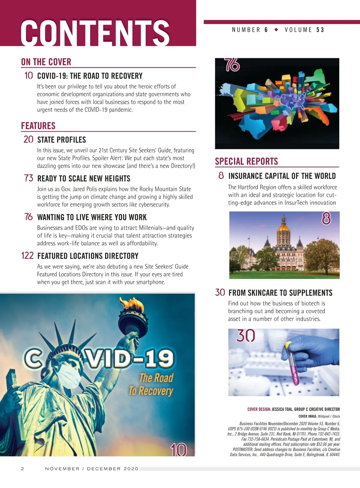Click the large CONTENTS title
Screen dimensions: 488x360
click(95, 32)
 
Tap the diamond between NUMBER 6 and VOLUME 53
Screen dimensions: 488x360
click(276, 30)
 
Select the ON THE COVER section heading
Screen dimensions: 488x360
click(46, 62)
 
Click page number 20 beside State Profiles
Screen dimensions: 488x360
click(28, 140)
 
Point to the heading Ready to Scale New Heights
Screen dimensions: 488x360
click(84, 179)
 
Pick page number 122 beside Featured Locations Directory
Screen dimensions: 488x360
click(27, 256)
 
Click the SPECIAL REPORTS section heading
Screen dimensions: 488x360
click(246, 161)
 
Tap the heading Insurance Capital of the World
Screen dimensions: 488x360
click(282, 176)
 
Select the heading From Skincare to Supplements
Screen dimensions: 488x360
click(280, 293)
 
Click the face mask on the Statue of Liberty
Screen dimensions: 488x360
click(68, 376)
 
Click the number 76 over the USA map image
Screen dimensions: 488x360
click(232, 65)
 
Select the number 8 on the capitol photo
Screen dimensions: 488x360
click(326, 218)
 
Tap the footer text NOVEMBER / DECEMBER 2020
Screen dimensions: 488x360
click(92, 469)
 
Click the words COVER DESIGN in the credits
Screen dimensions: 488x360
click(259, 409)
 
